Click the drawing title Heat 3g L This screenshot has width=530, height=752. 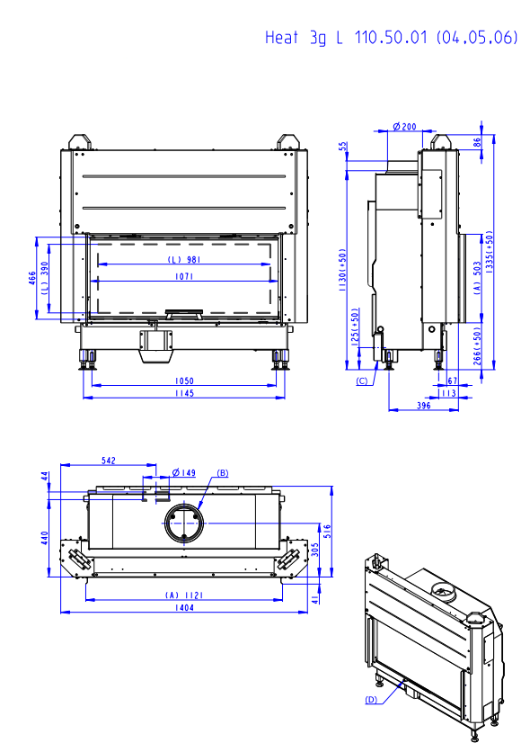click(x=304, y=38)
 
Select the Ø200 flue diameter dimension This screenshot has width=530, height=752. click(x=404, y=127)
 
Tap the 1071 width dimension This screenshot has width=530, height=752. click(x=184, y=276)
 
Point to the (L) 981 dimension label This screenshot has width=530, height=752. click(x=184, y=259)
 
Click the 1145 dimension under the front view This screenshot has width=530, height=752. click(x=184, y=393)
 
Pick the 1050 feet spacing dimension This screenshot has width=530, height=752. click(x=184, y=380)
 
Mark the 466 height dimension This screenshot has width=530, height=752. click(x=32, y=278)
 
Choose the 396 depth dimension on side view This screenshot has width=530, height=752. click(x=424, y=406)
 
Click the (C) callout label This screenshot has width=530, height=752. click(x=362, y=381)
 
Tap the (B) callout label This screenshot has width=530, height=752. click(x=223, y=473)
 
